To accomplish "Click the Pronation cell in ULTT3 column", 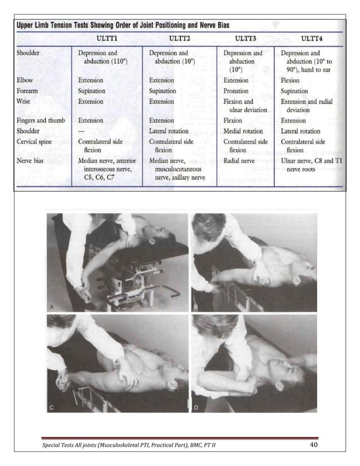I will (x=236, y=91).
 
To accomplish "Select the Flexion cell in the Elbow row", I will (x=291, y=80).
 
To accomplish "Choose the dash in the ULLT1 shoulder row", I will (x=82, y=131).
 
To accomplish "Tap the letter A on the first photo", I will (x=52, y=307).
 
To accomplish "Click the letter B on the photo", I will (x=197, y=307).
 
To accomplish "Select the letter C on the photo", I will (x=52, y=407).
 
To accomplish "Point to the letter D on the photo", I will (x=197, y=407).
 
